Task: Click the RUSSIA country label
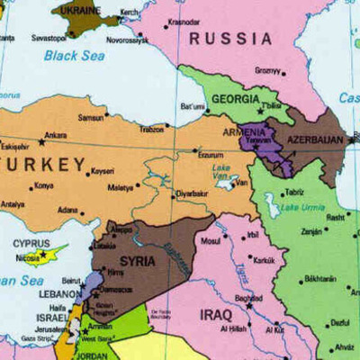tap(230, 39)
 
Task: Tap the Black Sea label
tap(74, 56)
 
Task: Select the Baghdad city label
tap(248, 297)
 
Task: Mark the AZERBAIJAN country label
tap(315, 140)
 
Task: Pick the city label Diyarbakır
tap(193, 193)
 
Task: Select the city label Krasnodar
tap(184, 21)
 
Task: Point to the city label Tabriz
tap(293, 192)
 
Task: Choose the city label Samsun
tap(90, 118)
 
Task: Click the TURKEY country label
tap(45, 165)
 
